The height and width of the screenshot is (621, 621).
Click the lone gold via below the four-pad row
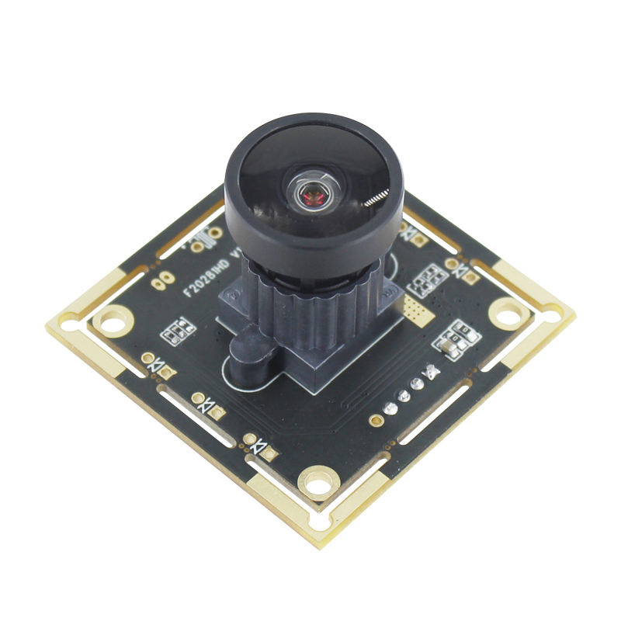coord(376,420)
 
